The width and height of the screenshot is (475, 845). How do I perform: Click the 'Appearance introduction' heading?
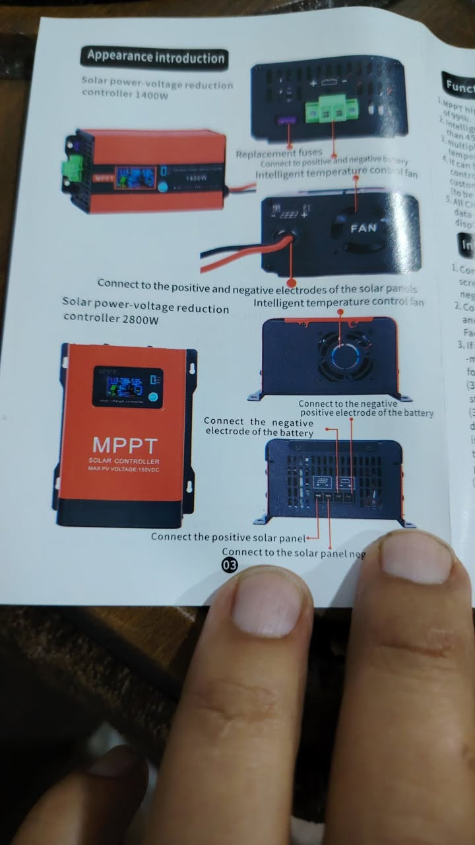point(154,57)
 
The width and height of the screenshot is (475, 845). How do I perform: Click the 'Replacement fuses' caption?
point(279,153)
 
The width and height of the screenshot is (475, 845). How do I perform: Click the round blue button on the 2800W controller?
point(152,398)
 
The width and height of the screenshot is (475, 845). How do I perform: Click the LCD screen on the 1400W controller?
point(135,178)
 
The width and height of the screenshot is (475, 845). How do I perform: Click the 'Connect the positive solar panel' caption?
point(228,536)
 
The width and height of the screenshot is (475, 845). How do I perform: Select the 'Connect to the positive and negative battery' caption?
point(334,162)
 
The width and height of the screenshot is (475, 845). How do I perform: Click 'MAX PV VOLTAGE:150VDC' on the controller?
point(124,469)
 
